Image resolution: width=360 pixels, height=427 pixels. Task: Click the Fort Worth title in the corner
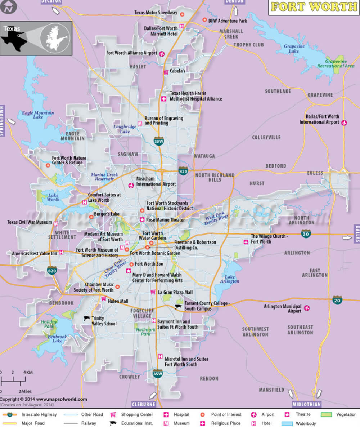pos(314,7)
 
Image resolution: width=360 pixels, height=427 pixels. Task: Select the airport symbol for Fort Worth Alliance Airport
pos(162,53)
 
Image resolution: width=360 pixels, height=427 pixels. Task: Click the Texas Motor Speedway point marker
pos(182,14)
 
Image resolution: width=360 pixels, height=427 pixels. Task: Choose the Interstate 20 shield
pos(337,300)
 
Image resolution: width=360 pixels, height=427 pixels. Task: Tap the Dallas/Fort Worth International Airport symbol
pos(345,123)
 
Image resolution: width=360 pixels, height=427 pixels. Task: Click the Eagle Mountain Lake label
pos(38,115)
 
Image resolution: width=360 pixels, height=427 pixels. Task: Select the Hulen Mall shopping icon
pos(104,299)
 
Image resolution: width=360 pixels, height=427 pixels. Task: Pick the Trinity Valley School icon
pos(87,318)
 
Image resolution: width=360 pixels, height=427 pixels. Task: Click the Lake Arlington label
pos(230,279)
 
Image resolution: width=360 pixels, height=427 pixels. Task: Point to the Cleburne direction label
pos(143,404)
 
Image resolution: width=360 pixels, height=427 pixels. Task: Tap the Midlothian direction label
pos(306,404)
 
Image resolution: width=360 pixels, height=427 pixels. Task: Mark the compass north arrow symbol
pos(9,8)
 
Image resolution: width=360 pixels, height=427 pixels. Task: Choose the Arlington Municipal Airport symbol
pos(307,308)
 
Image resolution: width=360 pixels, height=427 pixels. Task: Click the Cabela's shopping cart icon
pos(166,72)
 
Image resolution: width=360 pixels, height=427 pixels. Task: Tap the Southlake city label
pos(278,92)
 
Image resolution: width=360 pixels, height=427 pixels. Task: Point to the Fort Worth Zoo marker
pos(131,264)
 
